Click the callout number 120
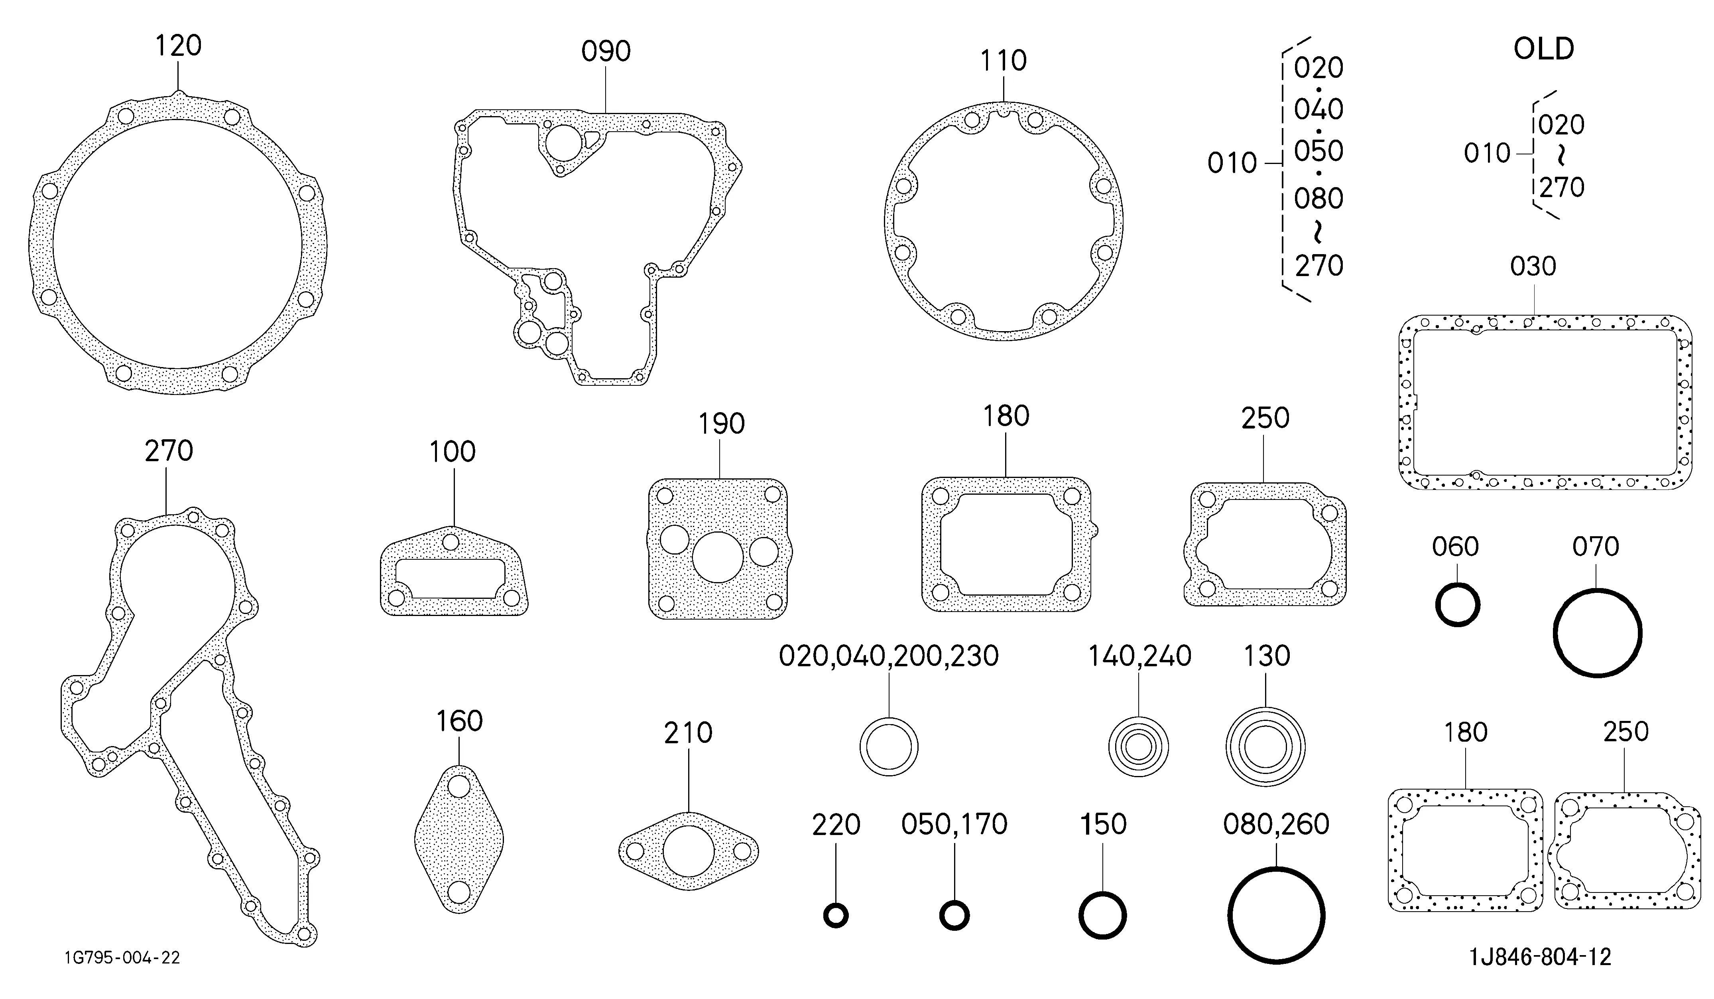tap(178, 45)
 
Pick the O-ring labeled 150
tap(1102, 915)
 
